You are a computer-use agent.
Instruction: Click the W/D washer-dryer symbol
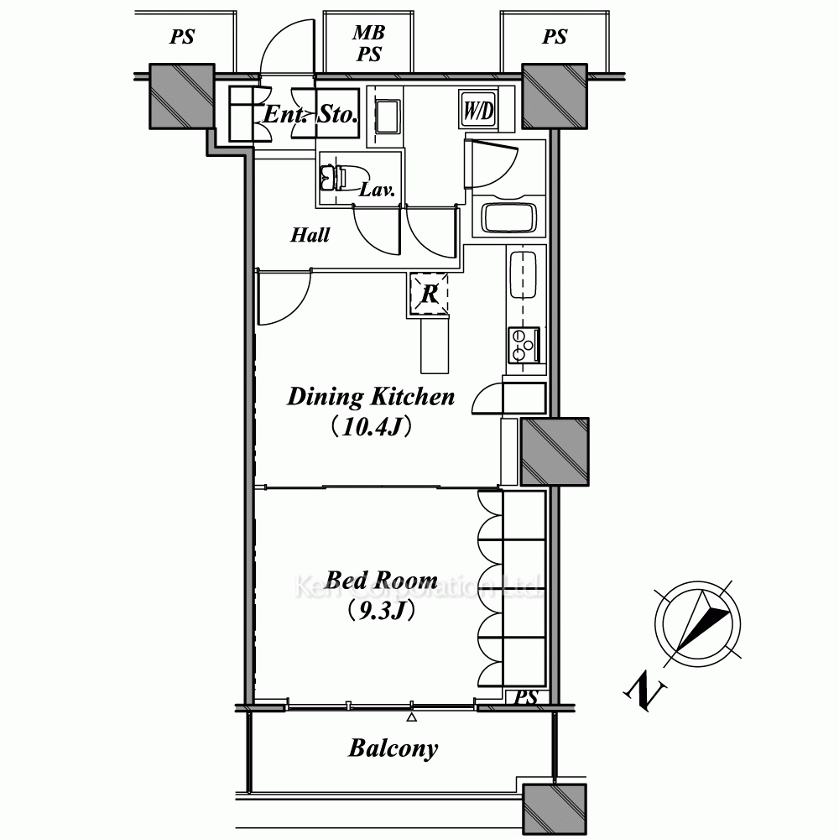[478, 110]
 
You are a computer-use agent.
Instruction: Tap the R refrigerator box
[429, 293]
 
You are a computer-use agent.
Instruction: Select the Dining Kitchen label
[371, 397]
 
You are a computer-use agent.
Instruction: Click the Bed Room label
[382, 580]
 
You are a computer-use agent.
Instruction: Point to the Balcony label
[393, 748]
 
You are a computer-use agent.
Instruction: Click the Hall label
[310, 234]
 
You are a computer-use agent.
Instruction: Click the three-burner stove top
[524, 345]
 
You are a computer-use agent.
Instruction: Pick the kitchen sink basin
[523, 274]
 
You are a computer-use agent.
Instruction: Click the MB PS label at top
[368, 43]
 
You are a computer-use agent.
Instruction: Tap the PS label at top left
[182, 36]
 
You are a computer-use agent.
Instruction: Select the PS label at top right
[555, 36]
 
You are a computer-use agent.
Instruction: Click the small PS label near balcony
[525, 697]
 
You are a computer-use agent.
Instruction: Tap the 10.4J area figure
[371, 428]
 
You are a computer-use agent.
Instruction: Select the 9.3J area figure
[382, 611]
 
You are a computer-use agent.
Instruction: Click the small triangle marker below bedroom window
[411, 717]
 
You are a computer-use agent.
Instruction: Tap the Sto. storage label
[337, 114]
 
